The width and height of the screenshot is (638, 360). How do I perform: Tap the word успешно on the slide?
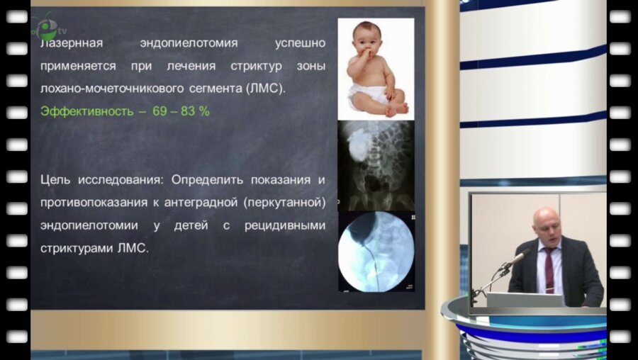click(x=300, y=43)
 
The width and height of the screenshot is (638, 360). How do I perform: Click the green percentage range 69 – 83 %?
click(x=181, y=111)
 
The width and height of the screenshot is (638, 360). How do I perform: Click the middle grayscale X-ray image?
click(x=376, y=164)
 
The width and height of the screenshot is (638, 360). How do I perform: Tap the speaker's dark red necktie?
click(x=549, y=269)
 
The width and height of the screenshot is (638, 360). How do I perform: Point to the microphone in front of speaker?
click(x=517, y=257)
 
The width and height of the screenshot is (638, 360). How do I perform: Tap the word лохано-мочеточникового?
click(x=104, y=89)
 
